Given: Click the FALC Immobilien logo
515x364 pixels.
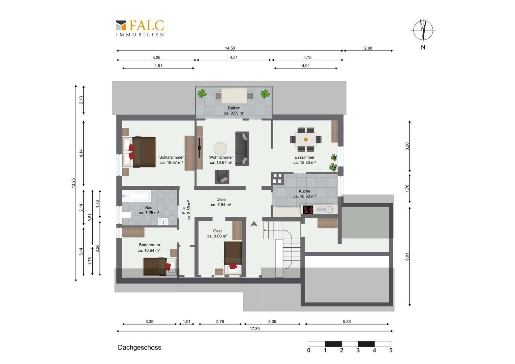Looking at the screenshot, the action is pos(140,28).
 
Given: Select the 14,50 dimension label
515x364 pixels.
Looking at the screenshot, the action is pos(230,48).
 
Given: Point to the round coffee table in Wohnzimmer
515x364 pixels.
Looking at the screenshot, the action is pos(220,149).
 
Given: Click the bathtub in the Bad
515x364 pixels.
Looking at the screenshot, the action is pos(137,196).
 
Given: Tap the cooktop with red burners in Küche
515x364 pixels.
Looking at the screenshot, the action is pos(308,210).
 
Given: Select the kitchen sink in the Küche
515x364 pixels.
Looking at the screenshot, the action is pos(325,210).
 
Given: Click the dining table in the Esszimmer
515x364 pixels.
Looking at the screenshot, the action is pos(306,139).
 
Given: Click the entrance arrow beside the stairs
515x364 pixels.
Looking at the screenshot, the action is pos(254,224).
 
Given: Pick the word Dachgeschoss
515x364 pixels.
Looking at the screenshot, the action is pos(140,347).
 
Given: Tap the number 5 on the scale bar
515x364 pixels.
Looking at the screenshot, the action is pos(391,351).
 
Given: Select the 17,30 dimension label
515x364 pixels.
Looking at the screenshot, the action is pos(254,329).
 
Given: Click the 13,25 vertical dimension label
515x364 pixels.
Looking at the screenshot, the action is pos(73,183).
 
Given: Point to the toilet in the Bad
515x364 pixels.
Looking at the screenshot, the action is pos(126,215).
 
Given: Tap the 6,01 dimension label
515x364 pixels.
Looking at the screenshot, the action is pos(407,256).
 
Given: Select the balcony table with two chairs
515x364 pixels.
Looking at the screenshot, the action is pos(234,96).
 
